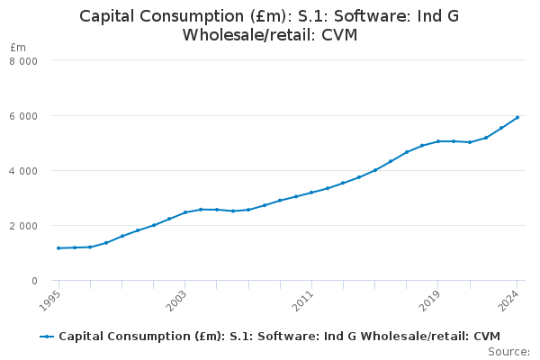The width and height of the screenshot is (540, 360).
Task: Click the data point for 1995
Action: [58, 248]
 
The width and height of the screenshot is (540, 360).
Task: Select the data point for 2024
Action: [517, 117]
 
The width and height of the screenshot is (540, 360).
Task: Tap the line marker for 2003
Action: [185, 212]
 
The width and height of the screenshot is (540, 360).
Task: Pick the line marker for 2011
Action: [311, 193]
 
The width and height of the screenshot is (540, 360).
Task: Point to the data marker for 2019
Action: [438, 141]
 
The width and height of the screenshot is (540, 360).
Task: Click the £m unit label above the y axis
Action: [19, 47]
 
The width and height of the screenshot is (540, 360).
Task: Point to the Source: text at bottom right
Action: [508, 351]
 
